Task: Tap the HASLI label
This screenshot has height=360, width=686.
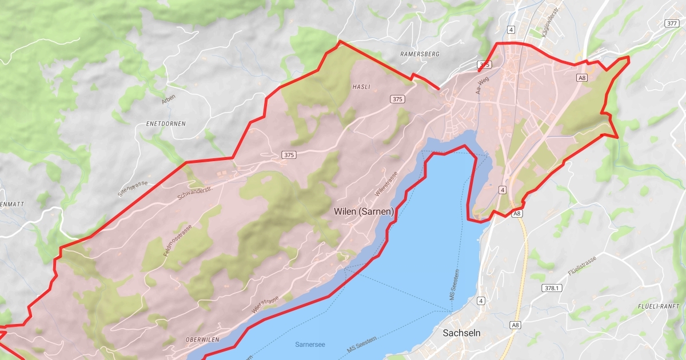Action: pos(362,87)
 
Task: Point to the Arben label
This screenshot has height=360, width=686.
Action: pos(169,98)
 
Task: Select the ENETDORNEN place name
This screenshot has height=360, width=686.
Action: pos(166,123)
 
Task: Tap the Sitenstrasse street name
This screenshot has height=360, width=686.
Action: pos(133,189)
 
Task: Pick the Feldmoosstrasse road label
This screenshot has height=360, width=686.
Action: pos(178,240)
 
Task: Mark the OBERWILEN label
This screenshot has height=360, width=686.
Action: pos(202,339)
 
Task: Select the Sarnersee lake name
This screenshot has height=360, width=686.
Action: pos(310,345)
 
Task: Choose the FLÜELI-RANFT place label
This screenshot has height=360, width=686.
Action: pos(658,306)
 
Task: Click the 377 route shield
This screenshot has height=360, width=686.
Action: pos(672,23)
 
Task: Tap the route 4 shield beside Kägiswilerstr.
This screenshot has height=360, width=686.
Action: pos(510,29)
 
